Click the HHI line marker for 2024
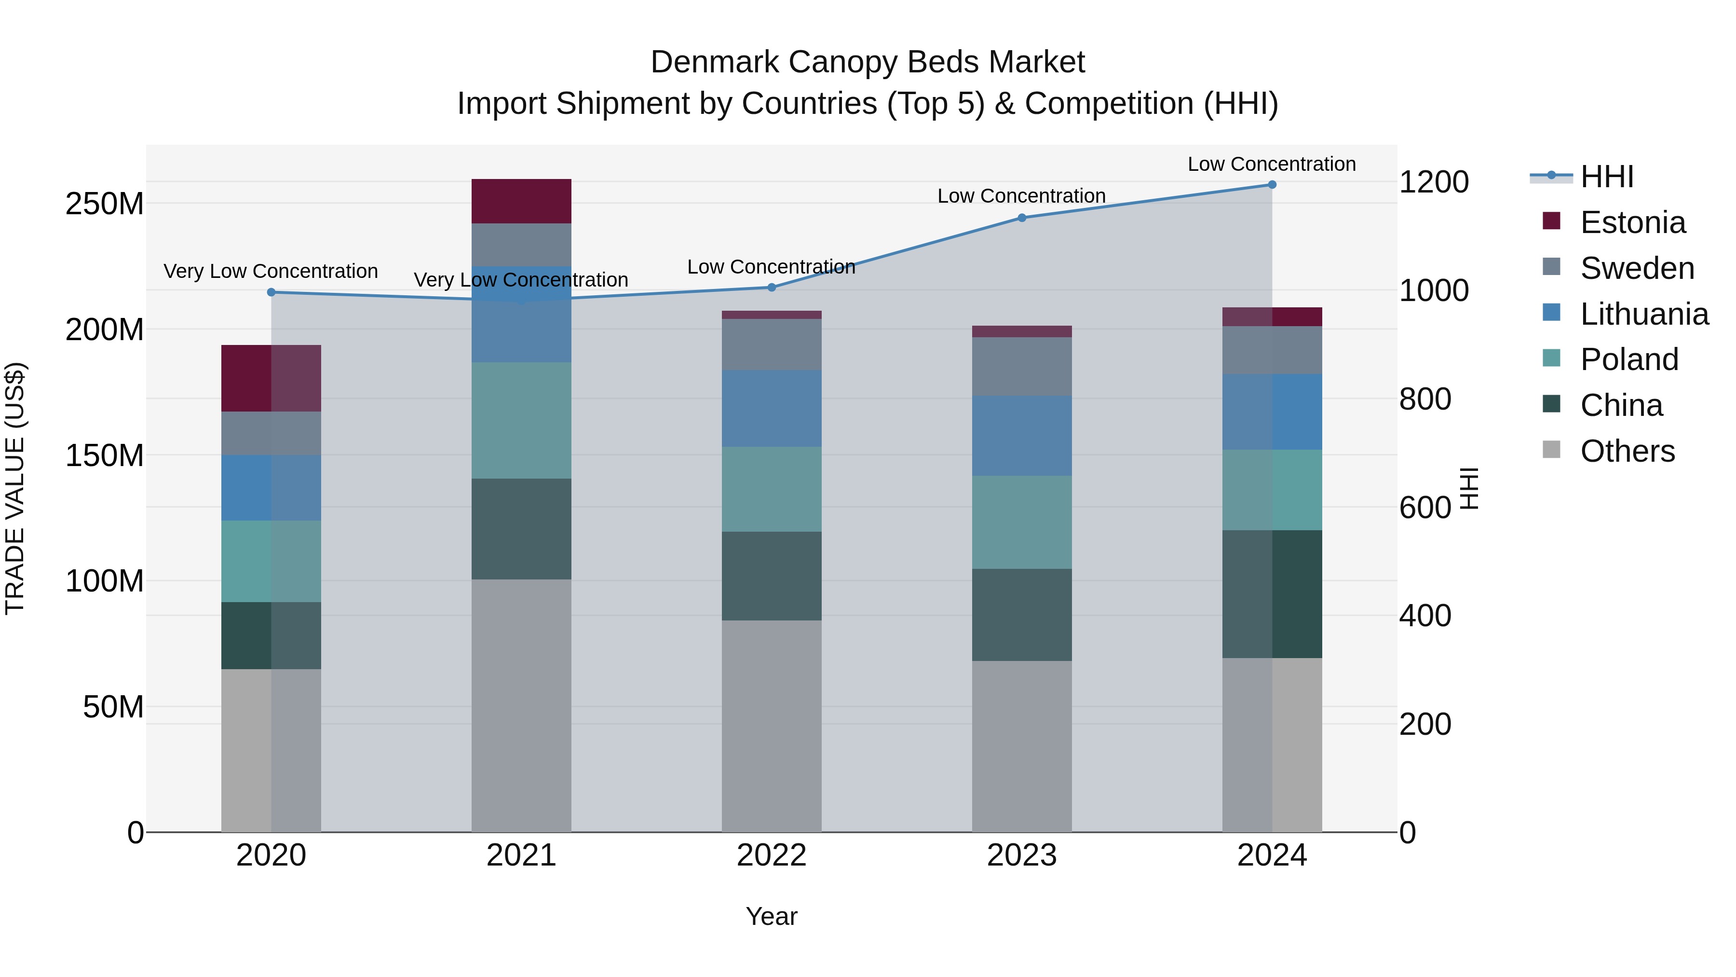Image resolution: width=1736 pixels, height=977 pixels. coord(1272,185)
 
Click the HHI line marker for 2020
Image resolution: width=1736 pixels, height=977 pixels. coord(271,292)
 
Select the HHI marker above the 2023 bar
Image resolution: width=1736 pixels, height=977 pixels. coord(1022,218)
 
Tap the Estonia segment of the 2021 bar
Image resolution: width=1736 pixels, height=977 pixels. coord(521,201)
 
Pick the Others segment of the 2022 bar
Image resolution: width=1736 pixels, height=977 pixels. coord(772,726)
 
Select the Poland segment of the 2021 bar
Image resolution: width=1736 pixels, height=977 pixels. coord(521,420)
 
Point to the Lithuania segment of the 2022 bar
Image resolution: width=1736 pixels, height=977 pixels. coord(772,408)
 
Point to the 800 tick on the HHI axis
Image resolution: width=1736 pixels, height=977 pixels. coord(1424,399)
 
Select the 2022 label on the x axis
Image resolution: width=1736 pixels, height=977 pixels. coord(772,855)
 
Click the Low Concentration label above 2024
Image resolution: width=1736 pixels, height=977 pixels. coord(1271,164)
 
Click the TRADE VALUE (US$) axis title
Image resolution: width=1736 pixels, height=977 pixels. coord(15,488)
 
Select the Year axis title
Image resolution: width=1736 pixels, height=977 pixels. coord(772,916)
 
